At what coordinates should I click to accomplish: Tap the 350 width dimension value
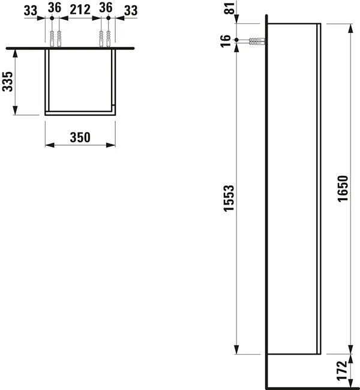point(80,137)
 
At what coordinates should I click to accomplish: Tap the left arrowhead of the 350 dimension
point(49,145)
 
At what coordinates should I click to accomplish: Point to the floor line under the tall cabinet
point(312,386)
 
